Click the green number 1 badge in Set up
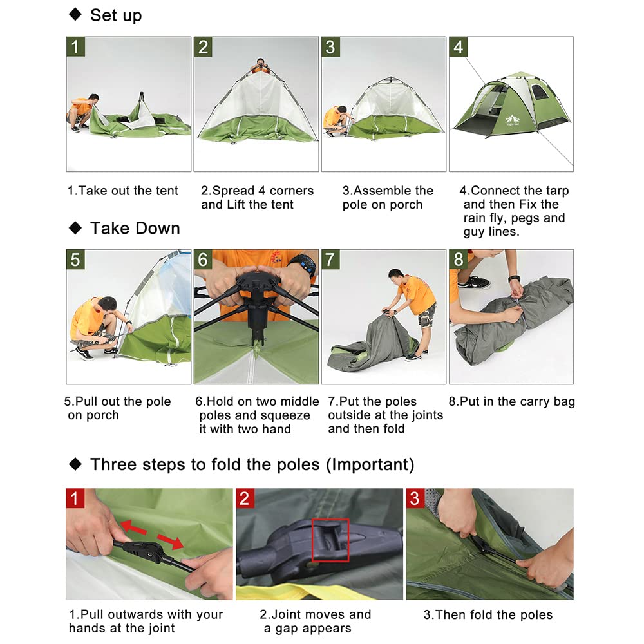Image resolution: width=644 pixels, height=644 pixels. [x=75, y=46]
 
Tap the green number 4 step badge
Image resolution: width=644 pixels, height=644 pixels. [x=458, y=46]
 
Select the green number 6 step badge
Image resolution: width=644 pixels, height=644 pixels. [x=203, y=260]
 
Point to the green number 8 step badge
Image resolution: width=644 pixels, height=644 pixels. [x=458, y=260]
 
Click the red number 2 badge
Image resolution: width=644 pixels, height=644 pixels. [x=245, y=498]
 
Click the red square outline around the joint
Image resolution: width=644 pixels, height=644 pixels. [x=330, y=539]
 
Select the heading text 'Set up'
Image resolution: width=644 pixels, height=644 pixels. [x=116, y=15]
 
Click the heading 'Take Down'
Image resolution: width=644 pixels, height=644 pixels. [x=135, y=228]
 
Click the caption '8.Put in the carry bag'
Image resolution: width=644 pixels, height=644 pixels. [x=511, y=402]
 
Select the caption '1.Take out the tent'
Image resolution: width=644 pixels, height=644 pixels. [x=123, y=191]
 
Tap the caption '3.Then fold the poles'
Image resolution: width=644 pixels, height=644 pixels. [x=488, y=614]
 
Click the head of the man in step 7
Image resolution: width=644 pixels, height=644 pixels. [x=397, y=276]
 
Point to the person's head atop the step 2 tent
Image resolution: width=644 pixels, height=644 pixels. [x=259, y=64]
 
